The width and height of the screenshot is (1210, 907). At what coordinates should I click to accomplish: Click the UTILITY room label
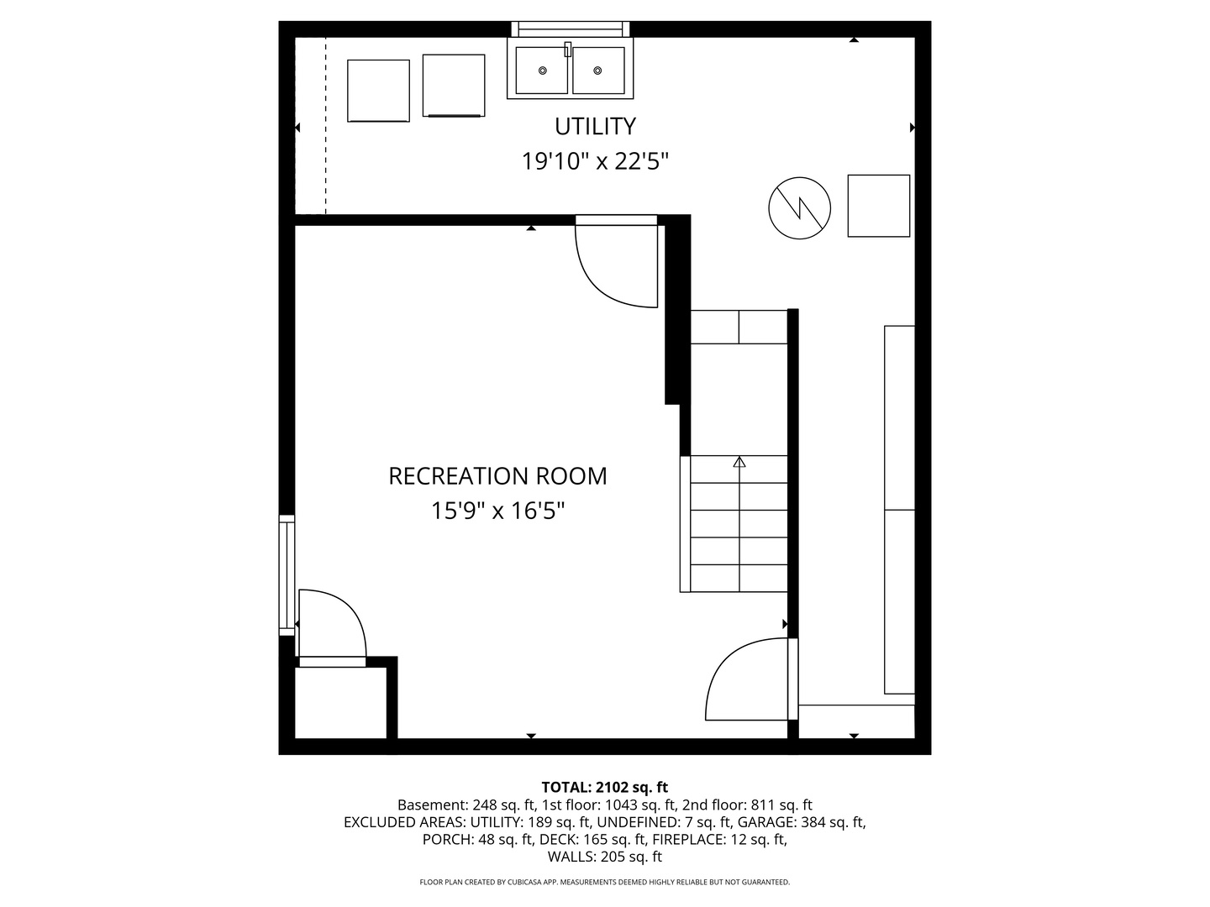coord(595,126)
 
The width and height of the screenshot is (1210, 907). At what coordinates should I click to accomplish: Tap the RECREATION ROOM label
coord(497,476)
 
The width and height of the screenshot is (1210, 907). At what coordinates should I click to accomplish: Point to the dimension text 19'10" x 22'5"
coord(595,161)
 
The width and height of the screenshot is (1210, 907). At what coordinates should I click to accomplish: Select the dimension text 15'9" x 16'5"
coord(497,511)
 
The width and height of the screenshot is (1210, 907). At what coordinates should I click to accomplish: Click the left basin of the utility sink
coord(542,70)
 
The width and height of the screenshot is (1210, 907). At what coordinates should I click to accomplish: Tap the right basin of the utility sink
coord(598,70)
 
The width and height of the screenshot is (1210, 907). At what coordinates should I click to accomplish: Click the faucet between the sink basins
coord(568,49)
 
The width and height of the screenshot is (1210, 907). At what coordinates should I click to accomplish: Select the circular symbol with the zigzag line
coord(799,208)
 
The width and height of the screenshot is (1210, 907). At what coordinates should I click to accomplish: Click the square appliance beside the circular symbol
coord(878,206)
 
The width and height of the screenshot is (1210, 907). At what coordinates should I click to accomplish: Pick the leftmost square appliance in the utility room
coord(378,91)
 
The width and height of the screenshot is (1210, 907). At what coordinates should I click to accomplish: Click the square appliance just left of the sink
coord(454,86)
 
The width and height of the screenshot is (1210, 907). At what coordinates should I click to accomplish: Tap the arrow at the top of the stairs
coord(739,462)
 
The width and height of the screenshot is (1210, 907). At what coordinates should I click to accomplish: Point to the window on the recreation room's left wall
coord(287,575)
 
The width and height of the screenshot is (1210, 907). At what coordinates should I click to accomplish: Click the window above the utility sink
coord(571,29)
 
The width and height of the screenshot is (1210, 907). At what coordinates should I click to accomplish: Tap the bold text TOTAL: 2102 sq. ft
coord(605,787)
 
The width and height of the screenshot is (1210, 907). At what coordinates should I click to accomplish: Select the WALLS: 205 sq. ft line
coord(605,857)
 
